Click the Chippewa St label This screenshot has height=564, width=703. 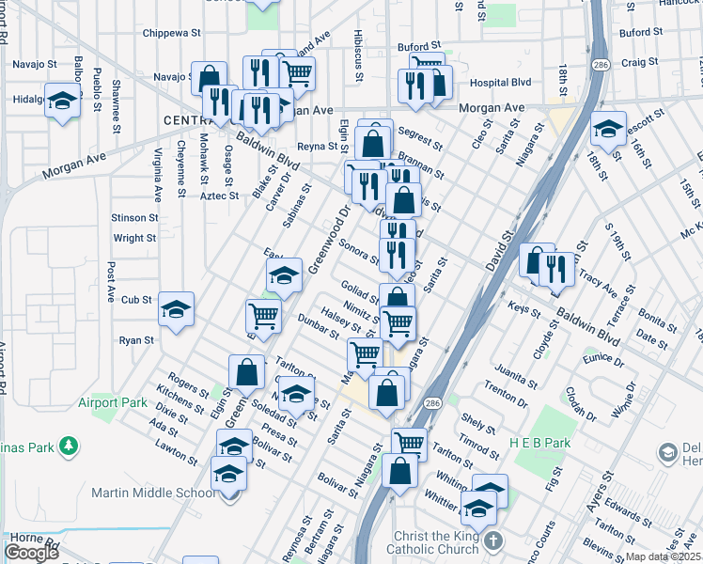173,33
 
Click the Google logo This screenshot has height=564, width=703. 31,552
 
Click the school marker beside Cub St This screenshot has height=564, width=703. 176,309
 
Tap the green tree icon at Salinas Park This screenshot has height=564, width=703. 68,444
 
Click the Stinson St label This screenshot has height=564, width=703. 134,217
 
